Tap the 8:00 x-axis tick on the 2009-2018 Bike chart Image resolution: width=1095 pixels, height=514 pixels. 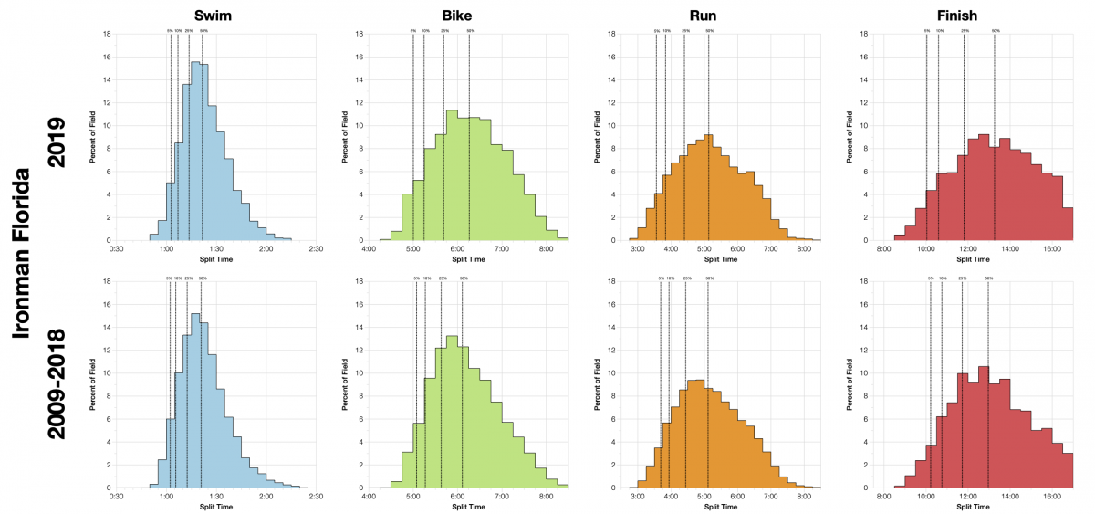pos(546,497)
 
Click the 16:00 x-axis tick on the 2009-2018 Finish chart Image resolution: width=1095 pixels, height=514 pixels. pos(1051,497)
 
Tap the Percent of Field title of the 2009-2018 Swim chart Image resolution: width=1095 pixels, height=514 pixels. pos(93,384)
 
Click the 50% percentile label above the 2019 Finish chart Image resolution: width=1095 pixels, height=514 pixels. pos(996,30)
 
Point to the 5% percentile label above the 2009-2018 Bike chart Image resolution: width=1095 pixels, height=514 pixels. pos(416,278)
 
